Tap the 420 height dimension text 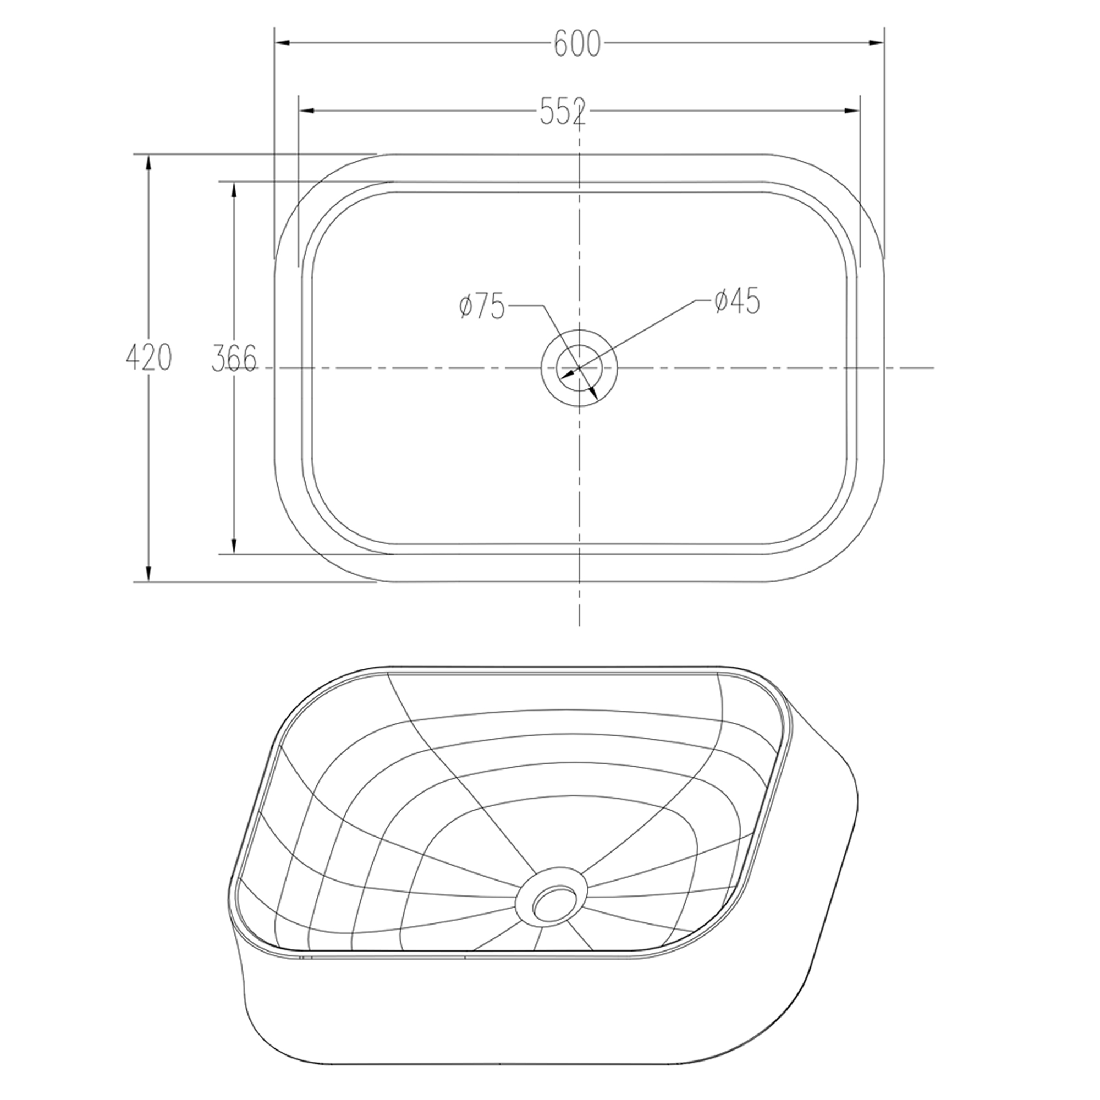148,358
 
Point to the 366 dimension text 234,359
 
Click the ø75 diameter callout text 482,307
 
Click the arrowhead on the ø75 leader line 593,393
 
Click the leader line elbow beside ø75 543,306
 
